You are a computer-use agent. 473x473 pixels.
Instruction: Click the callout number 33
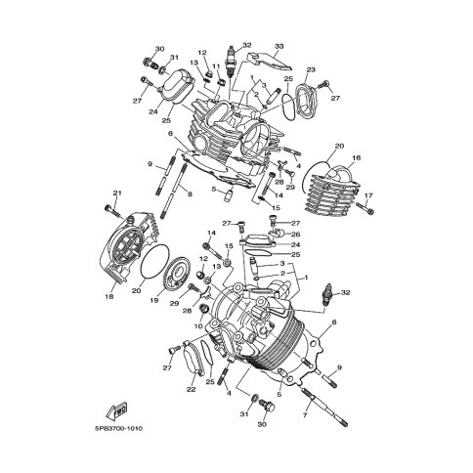tap(279, 46)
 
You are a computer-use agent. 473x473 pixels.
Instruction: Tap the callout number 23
tap(311, 69)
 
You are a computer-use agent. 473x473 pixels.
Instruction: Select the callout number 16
tap(356, 158)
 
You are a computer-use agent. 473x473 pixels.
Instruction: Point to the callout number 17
tap(367, 195)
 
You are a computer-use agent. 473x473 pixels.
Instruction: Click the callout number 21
tap(117, 193)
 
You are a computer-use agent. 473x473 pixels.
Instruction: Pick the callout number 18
tap(109, 297)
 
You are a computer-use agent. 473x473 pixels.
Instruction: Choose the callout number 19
tap(154, 300)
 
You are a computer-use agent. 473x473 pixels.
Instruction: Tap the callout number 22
tap(192, 389)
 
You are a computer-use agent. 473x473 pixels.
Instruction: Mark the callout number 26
tap(295, 234)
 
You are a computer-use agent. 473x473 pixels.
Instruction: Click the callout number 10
tap(198, 325)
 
